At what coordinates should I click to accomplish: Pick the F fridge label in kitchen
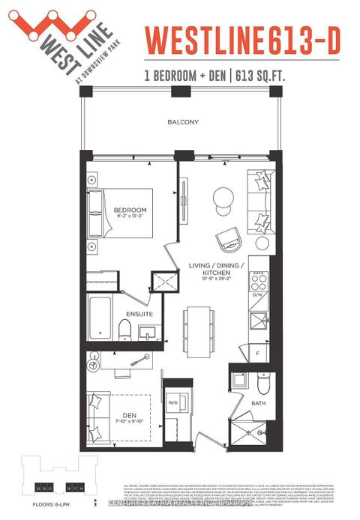256,351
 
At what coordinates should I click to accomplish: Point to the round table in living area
223,199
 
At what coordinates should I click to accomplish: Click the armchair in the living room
227,240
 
